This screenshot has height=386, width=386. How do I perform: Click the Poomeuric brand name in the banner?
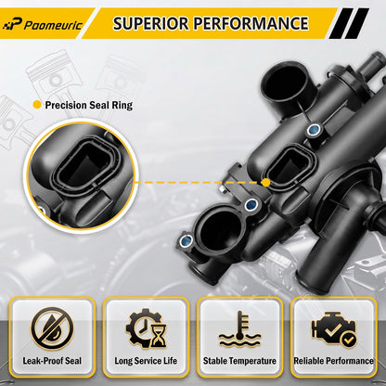point(53,25)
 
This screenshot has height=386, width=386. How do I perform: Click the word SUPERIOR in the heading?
point(150,23)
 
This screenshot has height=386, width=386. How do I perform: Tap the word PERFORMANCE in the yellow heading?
point(251,23)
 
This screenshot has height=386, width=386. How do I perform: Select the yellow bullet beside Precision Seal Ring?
point(37,105)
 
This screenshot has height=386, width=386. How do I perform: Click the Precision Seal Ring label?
point(89,105)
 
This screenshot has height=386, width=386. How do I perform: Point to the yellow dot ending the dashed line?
point(265,183)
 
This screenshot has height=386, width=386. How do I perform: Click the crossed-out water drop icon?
point(52,328)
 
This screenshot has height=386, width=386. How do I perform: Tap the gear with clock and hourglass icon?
point(146,328)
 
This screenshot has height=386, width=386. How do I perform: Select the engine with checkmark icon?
point(334,329)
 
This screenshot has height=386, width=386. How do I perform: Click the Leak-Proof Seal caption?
point(52,361)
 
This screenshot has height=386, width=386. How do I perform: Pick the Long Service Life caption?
point(146,361)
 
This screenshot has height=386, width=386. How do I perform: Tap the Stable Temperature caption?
point(239,361)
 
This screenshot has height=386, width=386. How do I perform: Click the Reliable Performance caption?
point(333,361)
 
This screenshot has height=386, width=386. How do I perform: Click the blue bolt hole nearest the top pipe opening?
point(314,130)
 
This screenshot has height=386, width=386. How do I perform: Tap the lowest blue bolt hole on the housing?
point(187,240)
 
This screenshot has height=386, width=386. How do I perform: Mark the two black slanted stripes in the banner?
point(350,23)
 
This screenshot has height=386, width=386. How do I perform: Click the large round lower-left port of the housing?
point(219,230)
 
